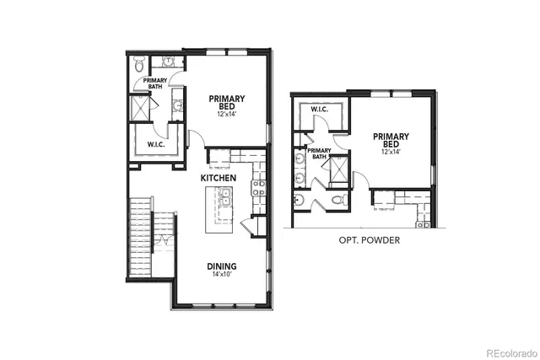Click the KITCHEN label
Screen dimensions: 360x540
218,179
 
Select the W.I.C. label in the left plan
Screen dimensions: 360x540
155,143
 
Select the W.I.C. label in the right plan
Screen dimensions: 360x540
319,110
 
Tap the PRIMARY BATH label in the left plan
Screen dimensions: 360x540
154,83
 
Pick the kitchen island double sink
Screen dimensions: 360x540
225,197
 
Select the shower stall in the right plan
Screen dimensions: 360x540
337,169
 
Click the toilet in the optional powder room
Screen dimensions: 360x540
336,201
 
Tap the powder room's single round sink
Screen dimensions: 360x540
299,200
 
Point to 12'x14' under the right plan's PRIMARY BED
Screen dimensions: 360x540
391,152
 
